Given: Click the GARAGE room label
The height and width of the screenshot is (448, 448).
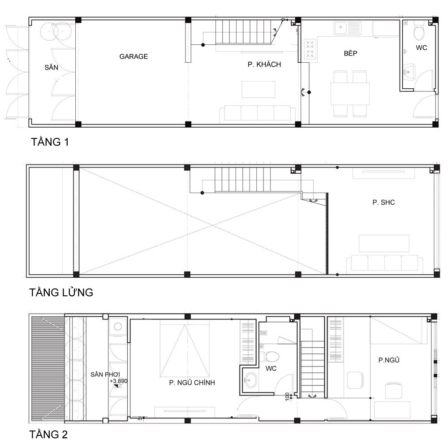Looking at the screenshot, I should click(x=134, y=56).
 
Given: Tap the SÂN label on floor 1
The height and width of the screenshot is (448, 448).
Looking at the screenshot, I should click(x=52, y=68).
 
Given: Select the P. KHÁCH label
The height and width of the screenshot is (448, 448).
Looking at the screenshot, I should click(x=264, y=65).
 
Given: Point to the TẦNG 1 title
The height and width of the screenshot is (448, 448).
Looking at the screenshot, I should click(x=50, y=142).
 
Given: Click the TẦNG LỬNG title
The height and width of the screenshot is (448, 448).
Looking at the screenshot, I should click(x=61, y=293).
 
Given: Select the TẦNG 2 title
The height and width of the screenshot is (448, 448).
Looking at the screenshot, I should click(x=48, y=435).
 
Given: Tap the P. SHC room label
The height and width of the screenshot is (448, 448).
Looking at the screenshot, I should click(x=383, y=202).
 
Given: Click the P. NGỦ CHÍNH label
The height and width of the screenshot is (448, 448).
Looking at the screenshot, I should click(x=192, y=383).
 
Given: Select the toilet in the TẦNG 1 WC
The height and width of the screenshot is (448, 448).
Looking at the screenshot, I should click(x=419, y=32).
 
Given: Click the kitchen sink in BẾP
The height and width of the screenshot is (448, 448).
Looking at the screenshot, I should click(x=348, y=29).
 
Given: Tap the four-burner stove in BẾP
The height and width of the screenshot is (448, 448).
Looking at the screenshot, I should click(x=310, y=50).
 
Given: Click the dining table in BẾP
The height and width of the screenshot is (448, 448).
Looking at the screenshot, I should click(x=350, y=94).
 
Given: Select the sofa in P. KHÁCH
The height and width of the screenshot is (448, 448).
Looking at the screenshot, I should click(x=257, y=113).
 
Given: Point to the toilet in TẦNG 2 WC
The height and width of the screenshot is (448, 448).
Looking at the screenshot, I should click(x=271, y=357).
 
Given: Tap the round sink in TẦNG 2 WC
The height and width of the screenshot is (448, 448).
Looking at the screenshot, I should click(x=251, y=380).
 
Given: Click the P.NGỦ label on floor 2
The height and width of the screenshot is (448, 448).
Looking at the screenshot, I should click(x=389, y=360).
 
